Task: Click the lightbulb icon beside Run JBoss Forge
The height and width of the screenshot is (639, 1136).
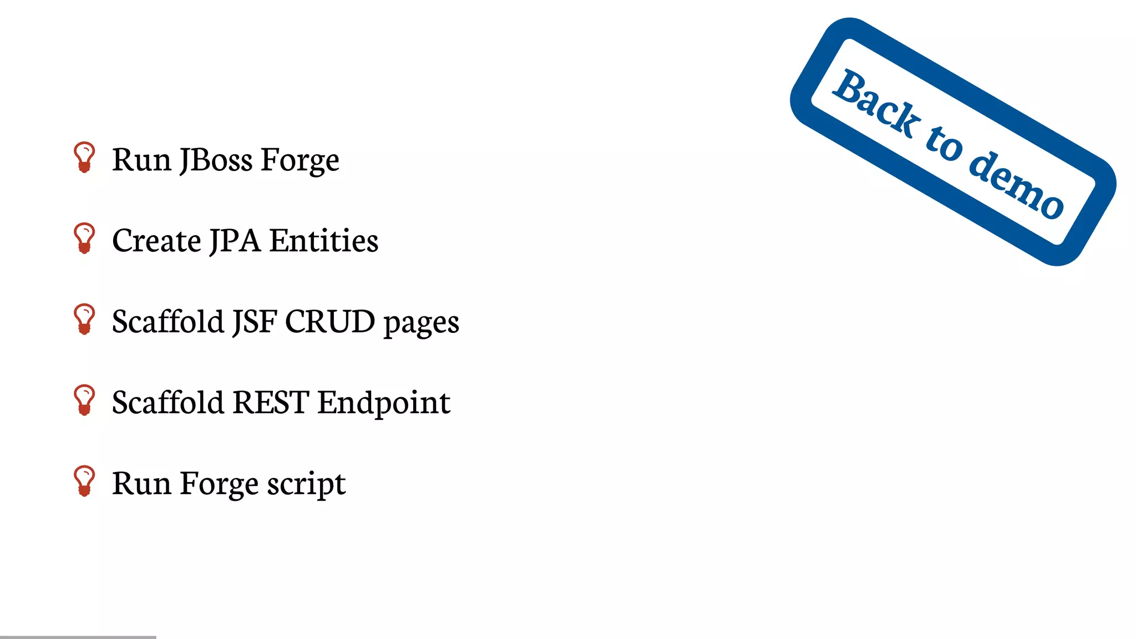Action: click(x=84, y=158)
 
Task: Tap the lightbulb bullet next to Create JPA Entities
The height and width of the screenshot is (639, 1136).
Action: click(x=84, y=239)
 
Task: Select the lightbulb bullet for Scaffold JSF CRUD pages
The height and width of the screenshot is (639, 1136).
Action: click(x=84, y=319)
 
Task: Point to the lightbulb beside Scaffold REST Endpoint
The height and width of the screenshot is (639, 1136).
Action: click(x=84, y=400)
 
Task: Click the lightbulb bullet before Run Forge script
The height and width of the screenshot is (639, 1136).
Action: click(x=84, y=480)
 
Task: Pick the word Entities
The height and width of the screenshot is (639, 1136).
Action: click(x=324, y=241)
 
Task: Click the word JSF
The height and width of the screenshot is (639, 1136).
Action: click(x=254, y=322)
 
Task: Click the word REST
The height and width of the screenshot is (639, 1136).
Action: click(x=271, y=402)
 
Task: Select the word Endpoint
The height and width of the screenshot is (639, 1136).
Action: click(x=384, y=403)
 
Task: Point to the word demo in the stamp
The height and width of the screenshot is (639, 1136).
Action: click(x=1016, y=184)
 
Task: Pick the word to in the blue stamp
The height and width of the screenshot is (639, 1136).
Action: click(x=944, y=143)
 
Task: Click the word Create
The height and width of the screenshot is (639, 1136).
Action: click(x=156, y=241)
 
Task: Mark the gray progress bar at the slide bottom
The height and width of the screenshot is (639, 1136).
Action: click(x=78, y=637)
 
